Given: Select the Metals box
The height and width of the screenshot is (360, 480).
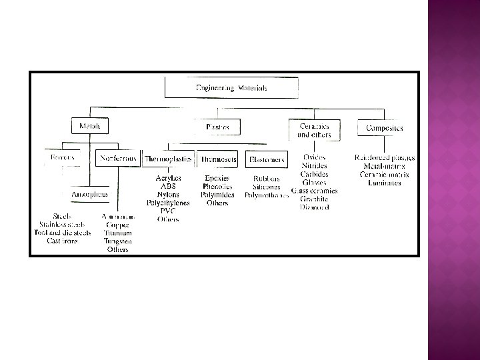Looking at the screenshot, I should point(90,125).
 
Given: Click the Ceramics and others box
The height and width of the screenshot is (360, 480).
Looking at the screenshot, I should point(314,129).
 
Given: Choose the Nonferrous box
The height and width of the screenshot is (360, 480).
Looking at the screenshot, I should point(117,159).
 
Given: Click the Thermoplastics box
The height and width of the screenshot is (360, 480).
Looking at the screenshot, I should point(167,159).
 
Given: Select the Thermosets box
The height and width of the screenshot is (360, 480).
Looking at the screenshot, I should point(217,159).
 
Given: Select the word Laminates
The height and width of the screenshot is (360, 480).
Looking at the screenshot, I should point(384,182).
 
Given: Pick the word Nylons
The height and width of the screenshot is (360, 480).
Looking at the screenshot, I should point(168,195).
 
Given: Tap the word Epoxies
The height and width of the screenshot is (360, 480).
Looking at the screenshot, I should point(217,179).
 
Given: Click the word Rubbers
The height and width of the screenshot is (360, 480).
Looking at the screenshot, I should point(266,179).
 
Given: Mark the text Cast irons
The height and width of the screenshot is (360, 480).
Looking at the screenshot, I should point(61,241).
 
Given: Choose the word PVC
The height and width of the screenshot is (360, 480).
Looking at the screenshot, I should point(167,211).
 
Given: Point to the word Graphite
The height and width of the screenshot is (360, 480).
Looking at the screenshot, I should point(313,199).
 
